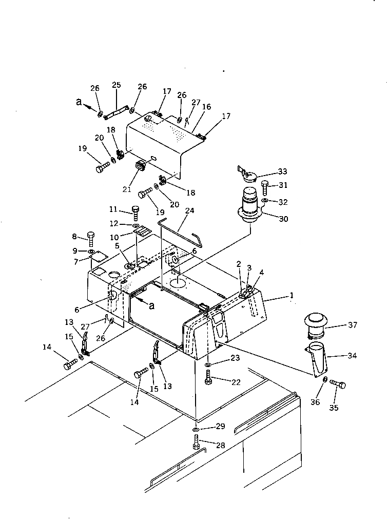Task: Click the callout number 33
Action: coord(282,171)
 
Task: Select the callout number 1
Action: coord(292,295)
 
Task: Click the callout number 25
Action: coord(116,85)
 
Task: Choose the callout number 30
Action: coord(283,219)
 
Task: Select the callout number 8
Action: coord(75,237)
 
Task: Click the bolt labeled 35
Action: coord(338,384)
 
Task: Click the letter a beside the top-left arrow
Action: coord(78,102)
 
